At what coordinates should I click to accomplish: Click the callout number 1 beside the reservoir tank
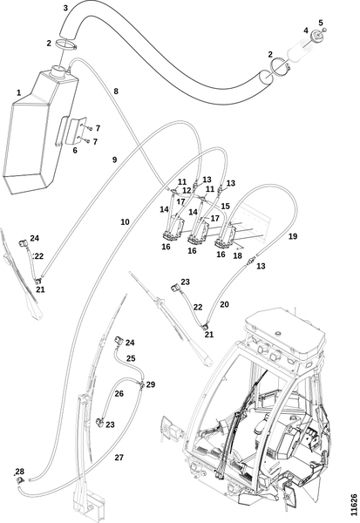tap(18, 92)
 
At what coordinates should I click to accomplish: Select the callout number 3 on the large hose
tap(65, 8)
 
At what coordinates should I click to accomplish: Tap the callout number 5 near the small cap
tap(321, 23)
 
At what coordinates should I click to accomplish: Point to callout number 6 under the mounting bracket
tap(75, 150)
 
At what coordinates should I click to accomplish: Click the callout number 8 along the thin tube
tap(116, 91)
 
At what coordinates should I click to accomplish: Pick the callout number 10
tap(125, 221)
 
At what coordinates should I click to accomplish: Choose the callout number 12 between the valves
tap(187, 190)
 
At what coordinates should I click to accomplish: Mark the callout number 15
tap(226, 206)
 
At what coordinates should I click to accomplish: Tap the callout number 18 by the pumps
tap(238, 255)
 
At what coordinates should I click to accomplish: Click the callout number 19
tap(293, 236)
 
